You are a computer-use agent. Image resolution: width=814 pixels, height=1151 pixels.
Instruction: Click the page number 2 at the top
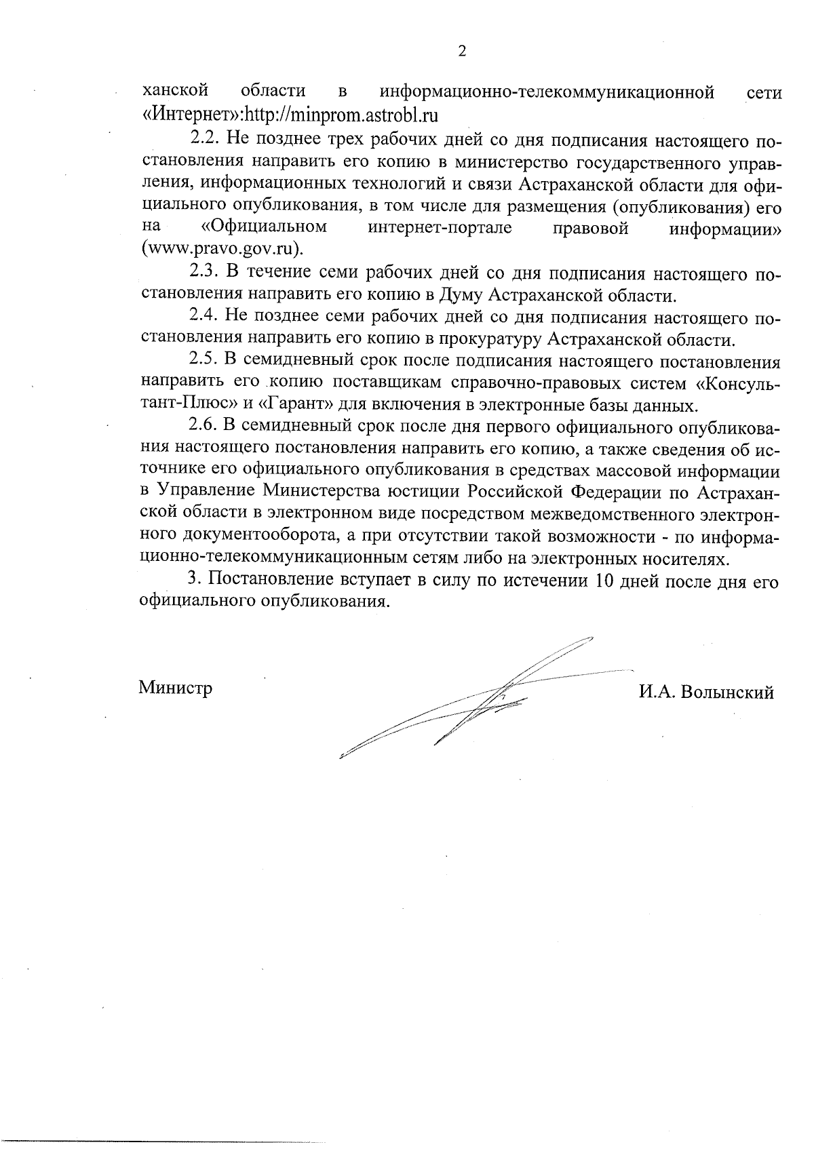(462, 52)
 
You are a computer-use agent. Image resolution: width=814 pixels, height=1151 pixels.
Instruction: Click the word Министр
(176, 688)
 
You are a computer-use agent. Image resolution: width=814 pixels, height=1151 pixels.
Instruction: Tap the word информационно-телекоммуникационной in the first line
(547, 92)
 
